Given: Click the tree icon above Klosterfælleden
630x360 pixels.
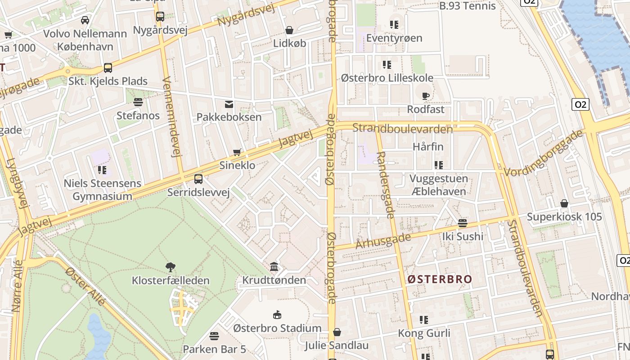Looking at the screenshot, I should [x=171, y=267].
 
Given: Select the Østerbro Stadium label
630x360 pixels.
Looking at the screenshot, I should [x=277, y=328].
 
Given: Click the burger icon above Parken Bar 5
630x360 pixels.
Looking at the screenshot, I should [x=214, y=336].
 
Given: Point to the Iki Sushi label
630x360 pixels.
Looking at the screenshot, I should [x=463, y=236].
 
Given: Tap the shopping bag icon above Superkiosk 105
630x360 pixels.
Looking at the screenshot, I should [x=564, y=203].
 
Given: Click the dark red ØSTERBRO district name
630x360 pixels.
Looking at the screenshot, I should [x=440, y=279].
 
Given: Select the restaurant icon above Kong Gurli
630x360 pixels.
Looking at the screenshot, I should [x=424, y=320].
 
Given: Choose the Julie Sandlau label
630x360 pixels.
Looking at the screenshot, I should [x=337, y=346].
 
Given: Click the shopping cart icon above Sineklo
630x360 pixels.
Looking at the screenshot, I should [x=237, y=153].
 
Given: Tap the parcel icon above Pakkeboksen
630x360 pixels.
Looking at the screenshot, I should [x=229, y=104].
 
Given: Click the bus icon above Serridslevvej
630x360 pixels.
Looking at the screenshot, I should [x=198, y=179].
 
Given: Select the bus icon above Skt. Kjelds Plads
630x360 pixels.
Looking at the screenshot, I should [x=108, y=68].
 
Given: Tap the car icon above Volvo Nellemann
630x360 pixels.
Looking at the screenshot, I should [x=85, y=20].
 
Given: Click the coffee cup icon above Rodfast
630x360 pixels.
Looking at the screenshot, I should [x=425, y=95].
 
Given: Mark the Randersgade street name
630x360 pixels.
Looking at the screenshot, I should [x=384, y=185].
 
